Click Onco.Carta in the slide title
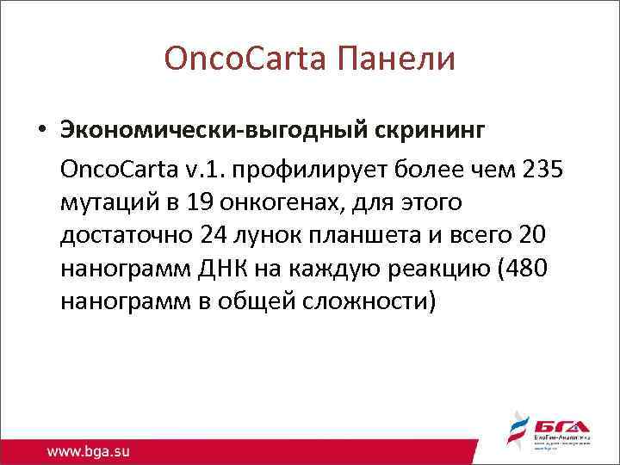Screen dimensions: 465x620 pyautogui.click(x=242, y=59)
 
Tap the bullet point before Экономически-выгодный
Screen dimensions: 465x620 pyautogui.click(x=41, y=131)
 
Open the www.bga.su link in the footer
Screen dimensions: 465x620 pyautogui.click(x=92, y=449)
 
